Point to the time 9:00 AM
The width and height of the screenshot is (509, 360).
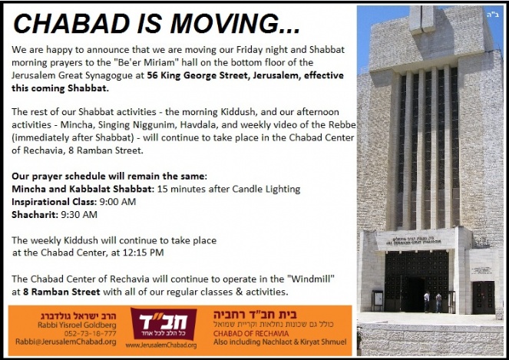point(117,202)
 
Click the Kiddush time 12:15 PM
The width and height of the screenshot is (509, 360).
point(143,253)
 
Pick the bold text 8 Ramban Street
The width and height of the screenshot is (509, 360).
point(61,292)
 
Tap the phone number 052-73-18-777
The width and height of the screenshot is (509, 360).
point(90,333)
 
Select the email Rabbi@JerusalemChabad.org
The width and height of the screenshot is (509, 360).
point(66,342)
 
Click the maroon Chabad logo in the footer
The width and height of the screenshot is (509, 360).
point(164,324)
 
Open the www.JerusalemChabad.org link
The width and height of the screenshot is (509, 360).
point(161,345)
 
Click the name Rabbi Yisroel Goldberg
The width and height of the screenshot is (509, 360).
point(77,325)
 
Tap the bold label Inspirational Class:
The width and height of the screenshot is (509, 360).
point(55,202)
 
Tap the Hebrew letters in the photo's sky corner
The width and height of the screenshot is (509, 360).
point(493,15)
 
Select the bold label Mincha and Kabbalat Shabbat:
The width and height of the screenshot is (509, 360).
point(83,189)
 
